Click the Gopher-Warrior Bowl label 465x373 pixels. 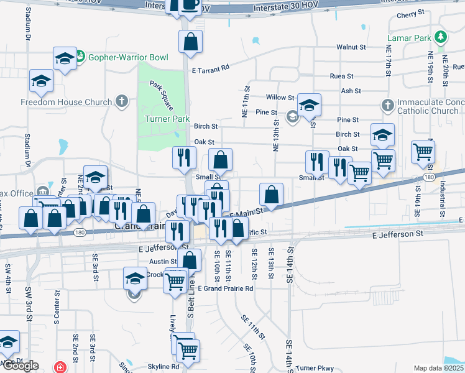[128, 58]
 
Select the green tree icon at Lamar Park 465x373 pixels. [440, 37]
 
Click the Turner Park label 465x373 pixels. [167, 119]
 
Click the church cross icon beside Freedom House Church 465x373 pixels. [122, 101]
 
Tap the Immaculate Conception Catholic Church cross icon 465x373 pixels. [388, 104]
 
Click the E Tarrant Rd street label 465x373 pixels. [211, 68]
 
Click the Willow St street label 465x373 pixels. [280, 98]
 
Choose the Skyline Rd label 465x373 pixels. [163, 367]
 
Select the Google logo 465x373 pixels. [20, 366]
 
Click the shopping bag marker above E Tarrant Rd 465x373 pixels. [190, 42]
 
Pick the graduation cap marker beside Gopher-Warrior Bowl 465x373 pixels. [65, 59]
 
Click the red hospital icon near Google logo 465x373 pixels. [59, 367]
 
